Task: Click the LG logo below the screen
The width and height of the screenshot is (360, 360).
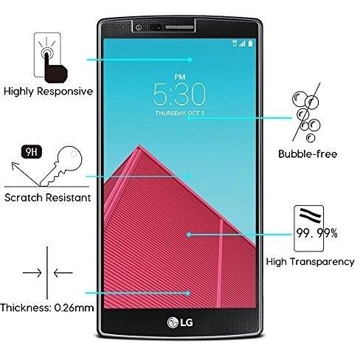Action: (x=180, y=322)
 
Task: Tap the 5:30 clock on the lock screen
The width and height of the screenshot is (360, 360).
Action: (x=179, y=94)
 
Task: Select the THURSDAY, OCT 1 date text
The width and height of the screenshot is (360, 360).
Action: (x=179, y=113)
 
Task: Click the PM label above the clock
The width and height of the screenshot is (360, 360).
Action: (x=180, y=77)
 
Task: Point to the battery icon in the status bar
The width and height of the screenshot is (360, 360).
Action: (x=250, y=44)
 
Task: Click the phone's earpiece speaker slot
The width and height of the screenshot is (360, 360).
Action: (x=179, y=27)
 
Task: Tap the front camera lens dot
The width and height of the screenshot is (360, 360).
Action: (x=139, y=27)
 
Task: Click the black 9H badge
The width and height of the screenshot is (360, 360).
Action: (x=32, y=152)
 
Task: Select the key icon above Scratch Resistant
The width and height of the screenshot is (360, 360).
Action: (x=60, y=166)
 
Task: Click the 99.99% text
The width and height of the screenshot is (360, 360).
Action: (x=316, y=233)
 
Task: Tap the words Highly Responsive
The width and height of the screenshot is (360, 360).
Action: (x=49, y=91)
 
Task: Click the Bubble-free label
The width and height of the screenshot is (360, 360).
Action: (x=308, y=154)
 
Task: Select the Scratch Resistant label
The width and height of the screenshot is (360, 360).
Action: (x=48, y=198)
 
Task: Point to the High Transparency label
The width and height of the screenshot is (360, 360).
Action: (x=311, y=262)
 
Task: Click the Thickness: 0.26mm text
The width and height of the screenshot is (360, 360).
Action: (x=47, y=308)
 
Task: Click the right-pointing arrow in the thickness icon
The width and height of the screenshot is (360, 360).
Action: (x=32, y=273)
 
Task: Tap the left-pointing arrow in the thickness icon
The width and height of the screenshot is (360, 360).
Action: (x=63, y=273)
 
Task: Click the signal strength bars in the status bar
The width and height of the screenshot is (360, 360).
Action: (x=242, y=44)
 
